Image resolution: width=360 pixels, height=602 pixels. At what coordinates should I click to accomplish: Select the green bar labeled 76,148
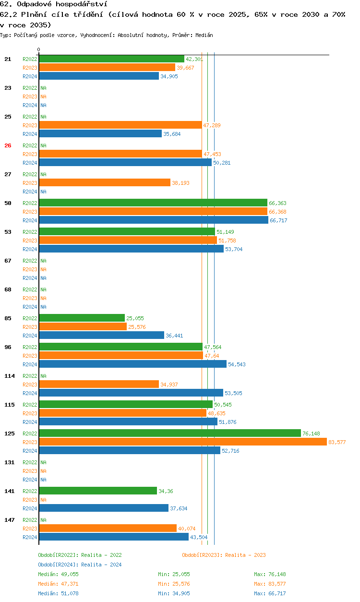[170, 433]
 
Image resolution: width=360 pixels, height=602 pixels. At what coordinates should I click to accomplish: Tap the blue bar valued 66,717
[154, 220]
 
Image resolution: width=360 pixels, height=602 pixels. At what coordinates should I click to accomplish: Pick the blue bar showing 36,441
[102, 335]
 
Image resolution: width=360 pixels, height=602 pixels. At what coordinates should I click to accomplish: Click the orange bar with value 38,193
[105, 182]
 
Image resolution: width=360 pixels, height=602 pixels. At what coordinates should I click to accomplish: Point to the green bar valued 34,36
[98, 491]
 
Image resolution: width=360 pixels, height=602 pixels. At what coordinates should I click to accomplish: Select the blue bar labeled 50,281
[125, 162]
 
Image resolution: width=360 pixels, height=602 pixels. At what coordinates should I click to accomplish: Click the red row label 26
[8, 145]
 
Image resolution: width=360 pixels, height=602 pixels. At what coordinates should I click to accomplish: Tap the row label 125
[10, 433]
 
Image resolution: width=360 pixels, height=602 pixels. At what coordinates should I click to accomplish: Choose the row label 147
[10, 520]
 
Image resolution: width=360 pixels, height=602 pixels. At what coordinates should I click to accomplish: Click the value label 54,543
[237, 364]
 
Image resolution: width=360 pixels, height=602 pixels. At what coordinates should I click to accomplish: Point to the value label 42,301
[194, 59]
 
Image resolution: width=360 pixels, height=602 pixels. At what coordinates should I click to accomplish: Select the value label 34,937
[169, 385]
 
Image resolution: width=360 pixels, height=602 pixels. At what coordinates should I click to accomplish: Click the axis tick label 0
[39, 49]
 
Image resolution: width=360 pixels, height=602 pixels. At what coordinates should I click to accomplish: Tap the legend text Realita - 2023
[245, 555]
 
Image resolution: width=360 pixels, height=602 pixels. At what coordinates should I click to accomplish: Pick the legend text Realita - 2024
[101, 565]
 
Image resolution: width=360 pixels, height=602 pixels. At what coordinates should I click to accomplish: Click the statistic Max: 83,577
[270, 584]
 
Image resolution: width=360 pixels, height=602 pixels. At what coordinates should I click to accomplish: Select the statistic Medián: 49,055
[58, 574]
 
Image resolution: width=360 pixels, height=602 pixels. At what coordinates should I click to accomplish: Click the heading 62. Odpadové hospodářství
[53, 4]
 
